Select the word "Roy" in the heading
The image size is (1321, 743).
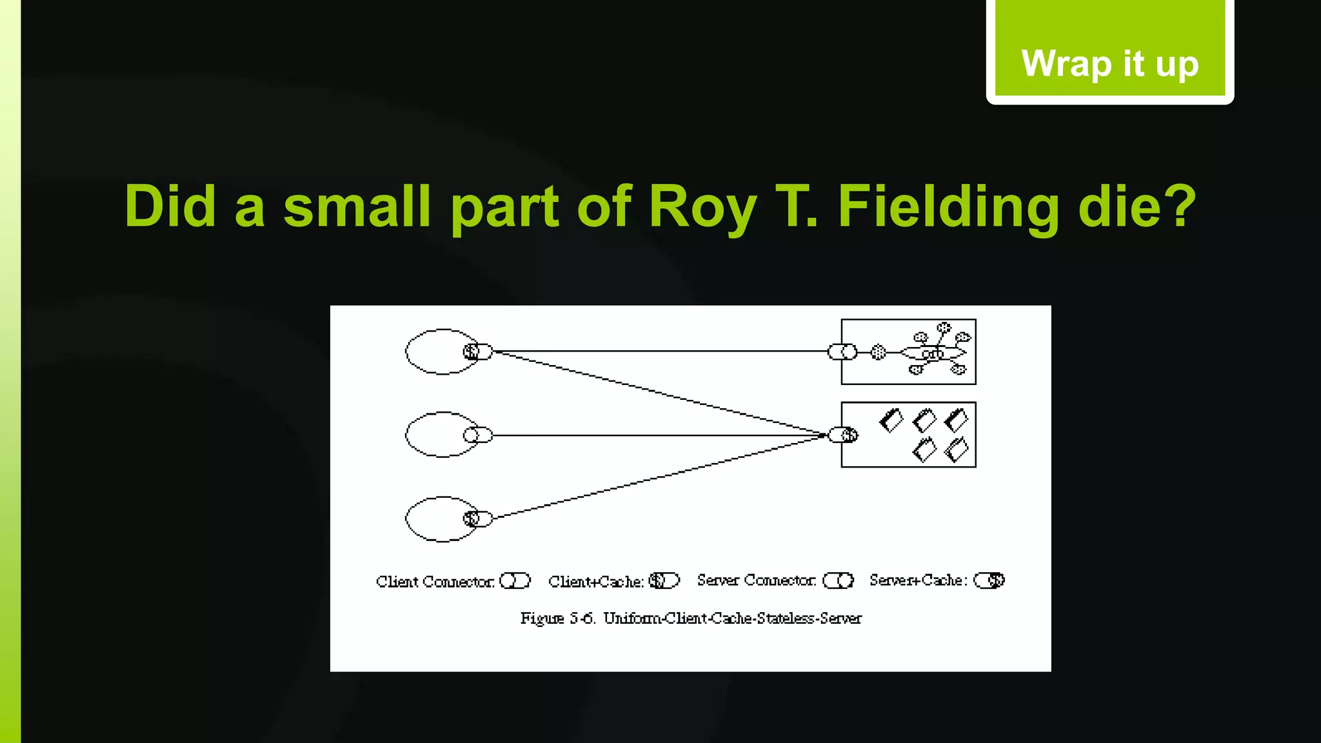[702, 207]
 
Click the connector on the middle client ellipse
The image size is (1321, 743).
[478, 435]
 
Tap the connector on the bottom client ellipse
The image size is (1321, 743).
[478, 519]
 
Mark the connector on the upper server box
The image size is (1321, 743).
[842, 352]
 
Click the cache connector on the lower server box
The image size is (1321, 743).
[843, 435]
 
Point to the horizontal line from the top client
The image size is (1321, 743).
[658, 352]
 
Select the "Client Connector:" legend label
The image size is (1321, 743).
[435, 582]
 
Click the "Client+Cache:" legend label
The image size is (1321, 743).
[596, 582]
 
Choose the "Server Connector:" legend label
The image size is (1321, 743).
[756, 580]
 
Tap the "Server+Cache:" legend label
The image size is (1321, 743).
[918, 580]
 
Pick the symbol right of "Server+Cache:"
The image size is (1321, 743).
[989, 580]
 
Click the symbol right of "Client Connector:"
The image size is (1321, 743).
[515, 581]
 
